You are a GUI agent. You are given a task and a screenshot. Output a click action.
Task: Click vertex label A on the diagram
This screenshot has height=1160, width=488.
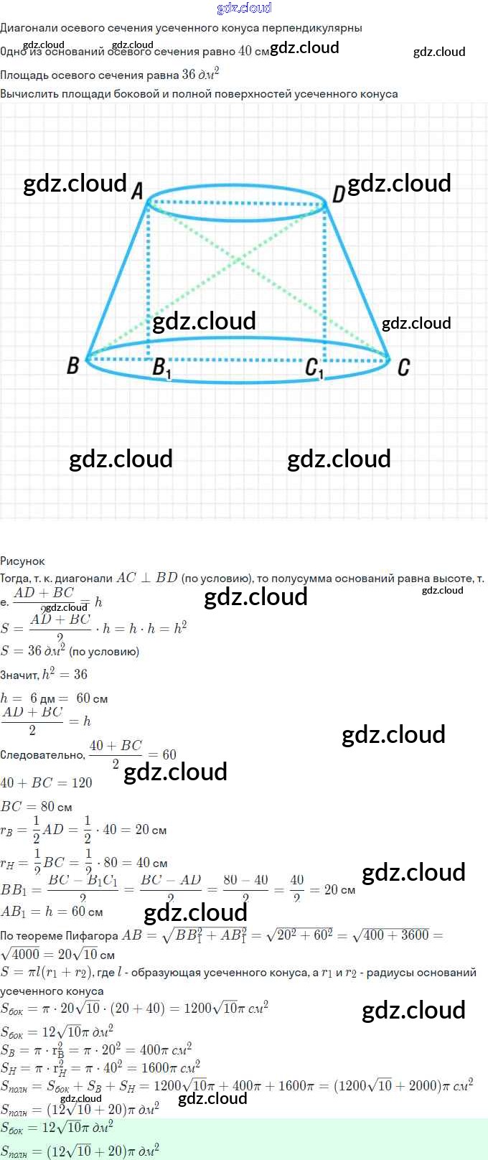[137, 191]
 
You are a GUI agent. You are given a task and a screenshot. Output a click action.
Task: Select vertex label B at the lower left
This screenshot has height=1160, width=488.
[72, 365]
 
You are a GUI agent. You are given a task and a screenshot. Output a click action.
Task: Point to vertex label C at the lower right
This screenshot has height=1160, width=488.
[403, 368]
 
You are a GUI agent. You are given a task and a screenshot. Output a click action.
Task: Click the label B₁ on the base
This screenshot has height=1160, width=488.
[162, 368]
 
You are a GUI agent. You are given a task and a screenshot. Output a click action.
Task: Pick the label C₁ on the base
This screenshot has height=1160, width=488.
[314, 369]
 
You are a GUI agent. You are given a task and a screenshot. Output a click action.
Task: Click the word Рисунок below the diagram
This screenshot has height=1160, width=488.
[22, 561]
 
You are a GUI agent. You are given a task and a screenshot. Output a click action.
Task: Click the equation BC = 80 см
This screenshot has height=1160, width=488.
[36, 806]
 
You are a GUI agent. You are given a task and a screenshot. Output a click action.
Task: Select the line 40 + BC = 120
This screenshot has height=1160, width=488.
[46, 782]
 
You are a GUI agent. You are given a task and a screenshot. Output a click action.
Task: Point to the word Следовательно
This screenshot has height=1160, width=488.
[42, 754]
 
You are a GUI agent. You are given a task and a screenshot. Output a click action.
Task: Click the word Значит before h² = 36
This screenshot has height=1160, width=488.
[19, 675]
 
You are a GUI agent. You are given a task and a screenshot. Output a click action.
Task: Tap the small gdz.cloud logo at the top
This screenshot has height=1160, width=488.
[244, 8]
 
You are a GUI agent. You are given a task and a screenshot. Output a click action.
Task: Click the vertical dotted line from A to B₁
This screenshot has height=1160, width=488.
[149, 280]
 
